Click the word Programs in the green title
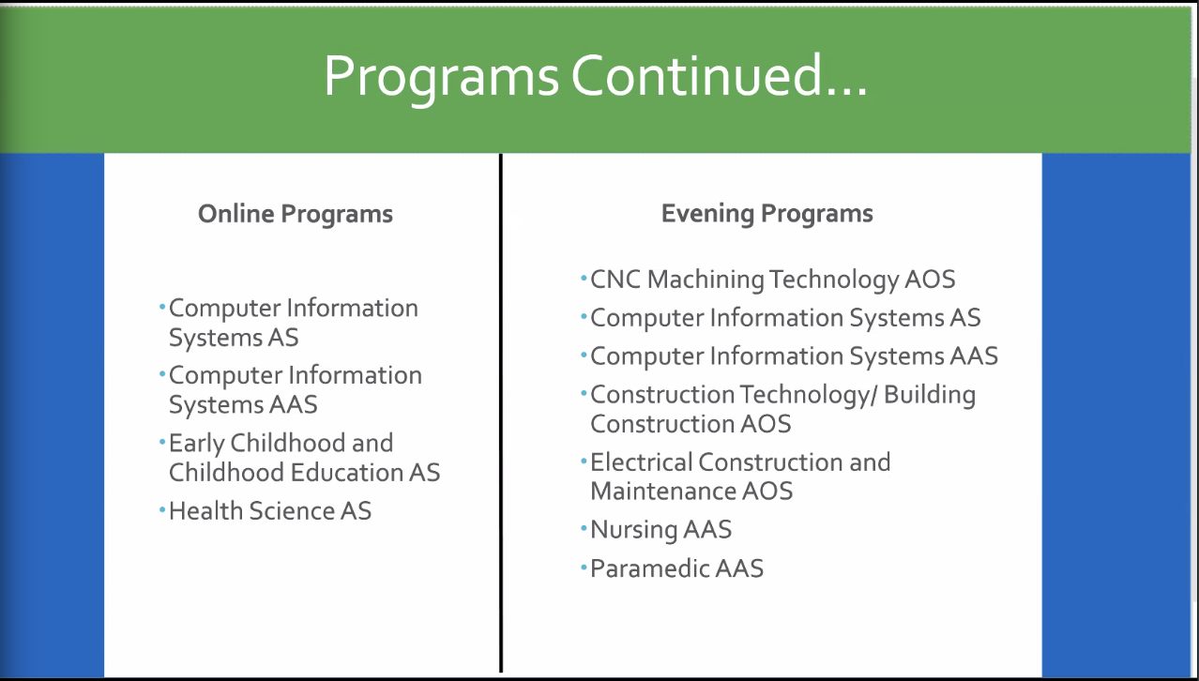[441, 78]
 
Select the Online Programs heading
[296, 214]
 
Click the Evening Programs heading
[767, 214]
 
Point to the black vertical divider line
[501, 412]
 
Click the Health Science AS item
[270, 510]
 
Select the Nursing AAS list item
[660, 530]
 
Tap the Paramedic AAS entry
[676, 568]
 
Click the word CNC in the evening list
[615, 280]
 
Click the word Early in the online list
[195, 444]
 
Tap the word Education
[347, 473]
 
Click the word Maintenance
[662, 491]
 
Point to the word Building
[929, 396]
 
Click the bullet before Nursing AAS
[584, 529]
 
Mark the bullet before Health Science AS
[162, 509]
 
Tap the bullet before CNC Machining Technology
[584, 279]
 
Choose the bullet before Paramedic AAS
[584, 567]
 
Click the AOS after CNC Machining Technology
[930, 280]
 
